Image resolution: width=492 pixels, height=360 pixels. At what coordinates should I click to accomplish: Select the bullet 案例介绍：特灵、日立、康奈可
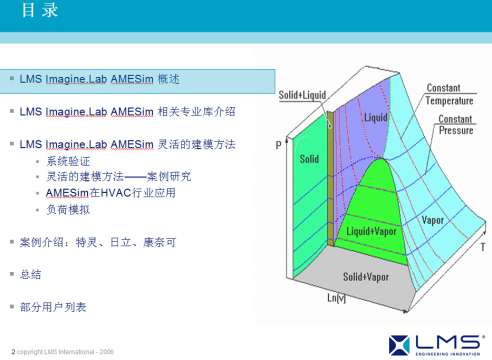click(97, 242)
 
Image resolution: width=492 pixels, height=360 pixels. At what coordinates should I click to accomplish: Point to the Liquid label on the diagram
click(375, 117)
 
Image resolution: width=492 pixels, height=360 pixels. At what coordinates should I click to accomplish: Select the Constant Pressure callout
click(455, 126)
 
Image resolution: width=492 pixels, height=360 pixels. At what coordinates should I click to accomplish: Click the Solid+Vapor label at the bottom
click(367, 275)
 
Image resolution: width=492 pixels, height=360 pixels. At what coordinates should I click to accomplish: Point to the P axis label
click(278, 145)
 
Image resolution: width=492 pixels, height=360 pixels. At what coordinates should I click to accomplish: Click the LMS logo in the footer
click(437, 340)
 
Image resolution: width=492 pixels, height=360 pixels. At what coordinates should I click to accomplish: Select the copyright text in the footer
click(65, 351)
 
